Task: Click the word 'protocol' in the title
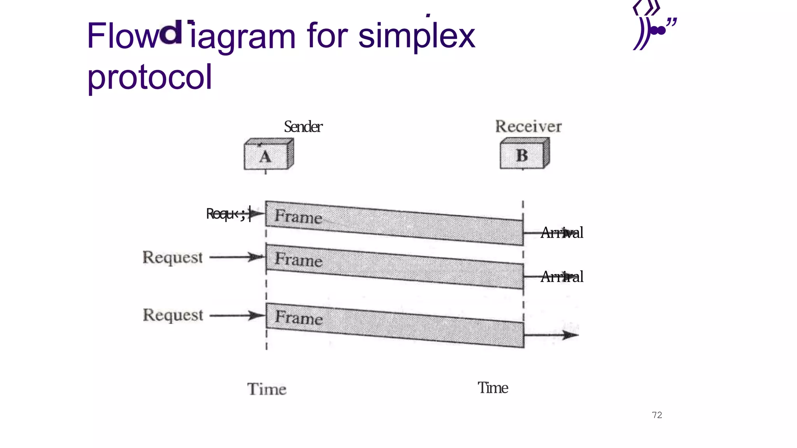point(149,77)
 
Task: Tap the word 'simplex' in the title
point(416,36)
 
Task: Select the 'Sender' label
point(303,127)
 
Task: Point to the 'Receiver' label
point(528,126)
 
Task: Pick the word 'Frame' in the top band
point(298,216)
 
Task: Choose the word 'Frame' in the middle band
point(298,259)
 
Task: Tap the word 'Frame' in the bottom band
point(298,317)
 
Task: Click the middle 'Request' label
point(172,257)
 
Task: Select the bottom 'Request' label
point(173,315)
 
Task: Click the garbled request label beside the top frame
point(226,214)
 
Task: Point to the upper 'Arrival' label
point(562,233)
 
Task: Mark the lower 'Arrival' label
point(562,276)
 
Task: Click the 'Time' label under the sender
point(267,389)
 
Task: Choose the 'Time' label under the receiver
point(493,388)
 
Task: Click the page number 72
point(657,415)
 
